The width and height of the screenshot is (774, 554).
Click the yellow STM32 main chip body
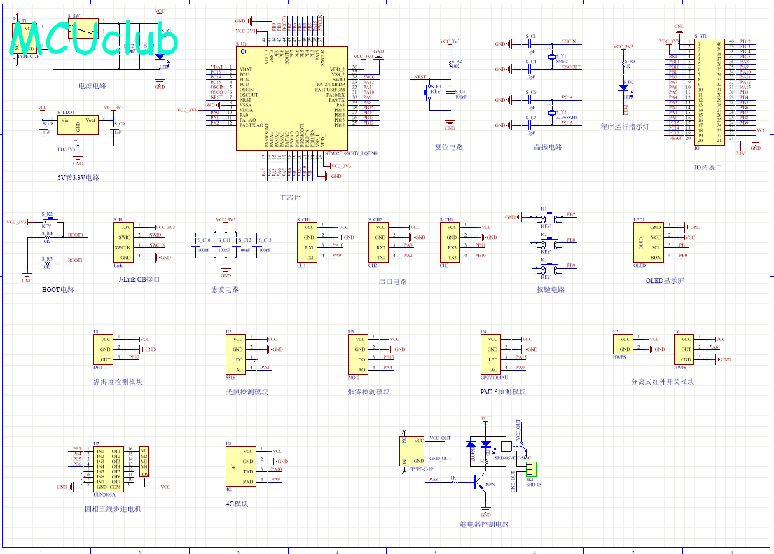point(291,98)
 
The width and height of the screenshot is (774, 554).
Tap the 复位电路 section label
point(449,148)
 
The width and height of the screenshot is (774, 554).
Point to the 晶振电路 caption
point(548,148)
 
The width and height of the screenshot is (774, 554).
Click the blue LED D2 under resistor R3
point(622,88)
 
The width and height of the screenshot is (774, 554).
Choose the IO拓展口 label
point(707,167)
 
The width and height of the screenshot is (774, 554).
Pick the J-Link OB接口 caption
point(139,279)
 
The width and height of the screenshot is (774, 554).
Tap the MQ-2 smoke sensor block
point(359,354)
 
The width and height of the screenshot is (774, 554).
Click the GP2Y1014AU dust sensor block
point(492,354)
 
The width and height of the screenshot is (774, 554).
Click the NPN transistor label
point(490,484)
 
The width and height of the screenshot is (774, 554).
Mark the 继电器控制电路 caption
point(484,525)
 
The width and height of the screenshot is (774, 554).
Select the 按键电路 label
point(550,289)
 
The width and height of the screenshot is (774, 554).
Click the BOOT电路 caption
point(57,289)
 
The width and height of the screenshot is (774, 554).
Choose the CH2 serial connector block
point(380,242)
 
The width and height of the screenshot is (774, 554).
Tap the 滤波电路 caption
point(225,289)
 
